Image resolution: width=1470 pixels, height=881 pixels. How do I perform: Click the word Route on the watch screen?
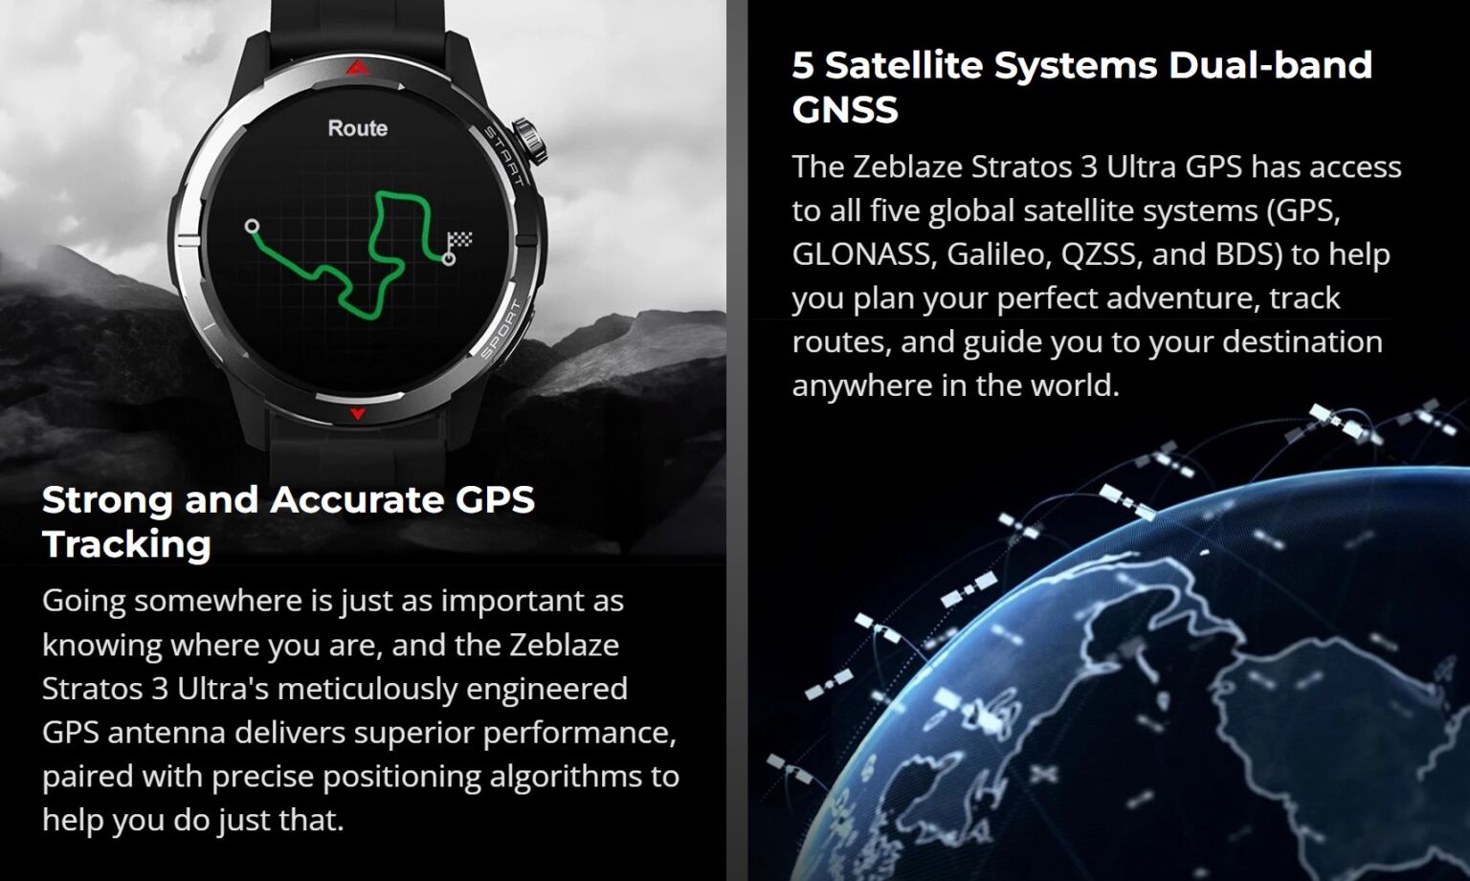pyautogui.click(x=358, y=128)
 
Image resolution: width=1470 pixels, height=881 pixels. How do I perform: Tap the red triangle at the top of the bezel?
pyautogui.click(x=357, y=67)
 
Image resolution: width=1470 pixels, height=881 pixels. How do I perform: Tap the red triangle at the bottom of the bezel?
pyautogui.click(x=358, y=413)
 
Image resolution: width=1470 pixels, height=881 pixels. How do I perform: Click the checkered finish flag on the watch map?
pyautogui.click(x=459, y=240)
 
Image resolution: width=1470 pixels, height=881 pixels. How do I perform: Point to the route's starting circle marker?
pyautogui.click(x=252, y=227)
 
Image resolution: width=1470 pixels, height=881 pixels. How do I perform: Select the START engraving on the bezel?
pyautogui.click(x=503, y=156)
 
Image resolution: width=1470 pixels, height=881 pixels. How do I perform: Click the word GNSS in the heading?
pyautogui.click(x=845, y=109)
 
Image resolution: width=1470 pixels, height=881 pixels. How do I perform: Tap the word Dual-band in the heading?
pyautogui.click(x=1271, y=65)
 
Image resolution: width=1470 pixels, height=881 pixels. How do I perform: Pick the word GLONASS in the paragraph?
pyautogui.click(x=861, y=254)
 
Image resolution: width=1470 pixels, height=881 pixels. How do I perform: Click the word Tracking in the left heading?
pyautogui.click(x=126, y=544)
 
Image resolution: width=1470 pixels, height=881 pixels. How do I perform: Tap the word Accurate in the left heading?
pyautogui.click(x=357, y=500)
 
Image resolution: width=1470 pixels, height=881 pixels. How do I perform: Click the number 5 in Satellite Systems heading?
pyautogui.click(x=803, y=65)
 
